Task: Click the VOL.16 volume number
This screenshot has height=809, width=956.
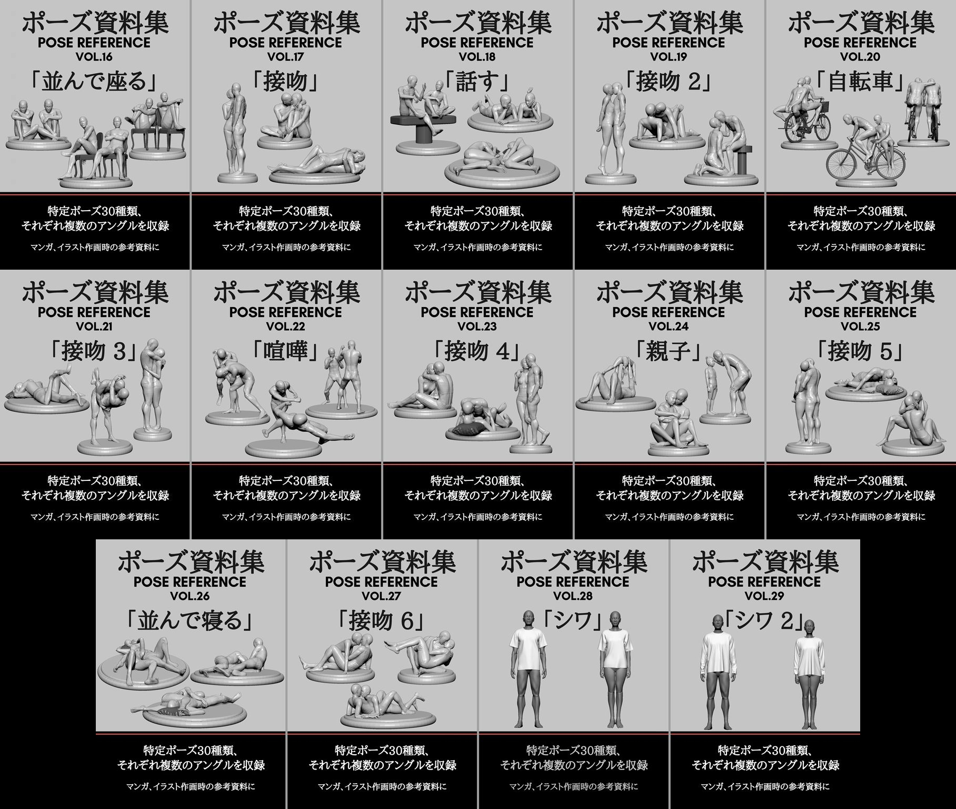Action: click(x=94, y=56)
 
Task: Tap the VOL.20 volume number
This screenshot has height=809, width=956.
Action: click(x=860, y=56)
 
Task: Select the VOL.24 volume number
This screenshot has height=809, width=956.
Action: click(x=669, y=326)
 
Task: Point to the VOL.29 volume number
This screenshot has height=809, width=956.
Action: click(x=764, y=596)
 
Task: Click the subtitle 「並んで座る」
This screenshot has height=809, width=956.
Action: click(x=94, y=82)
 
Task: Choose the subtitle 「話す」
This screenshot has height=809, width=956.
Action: click(x=477, y=82)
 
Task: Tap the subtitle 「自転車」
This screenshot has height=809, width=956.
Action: click(x=860, y=82)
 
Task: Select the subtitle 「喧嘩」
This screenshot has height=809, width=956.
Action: click(x=286, y=351)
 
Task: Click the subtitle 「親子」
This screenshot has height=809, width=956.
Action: click(x=669, y=351)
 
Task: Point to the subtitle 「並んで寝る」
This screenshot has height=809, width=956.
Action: click(x=190, y=621)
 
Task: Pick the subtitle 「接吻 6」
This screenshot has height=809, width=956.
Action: click(x=382, y=621)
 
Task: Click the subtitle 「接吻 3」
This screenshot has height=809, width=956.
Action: click(x=94, y=351)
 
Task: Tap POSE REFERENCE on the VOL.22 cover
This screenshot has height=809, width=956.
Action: click(x=286, y=312)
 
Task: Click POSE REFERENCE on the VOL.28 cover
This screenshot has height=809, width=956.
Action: click(x=573, y=582)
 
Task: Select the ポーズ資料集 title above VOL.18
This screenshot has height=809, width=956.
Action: click(x=477, y=23)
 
